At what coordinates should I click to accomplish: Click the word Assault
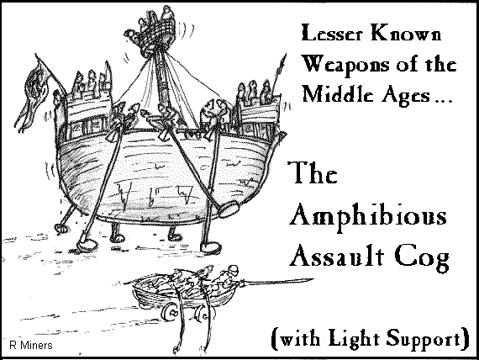[337, 256]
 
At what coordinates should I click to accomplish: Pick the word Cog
[422, 257]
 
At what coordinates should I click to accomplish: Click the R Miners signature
[31, 346]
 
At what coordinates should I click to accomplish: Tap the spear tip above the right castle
[283, 61]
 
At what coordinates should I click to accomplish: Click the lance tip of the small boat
[306, 280]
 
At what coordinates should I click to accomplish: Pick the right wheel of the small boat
[203, 315]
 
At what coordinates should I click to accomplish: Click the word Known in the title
[406, 33]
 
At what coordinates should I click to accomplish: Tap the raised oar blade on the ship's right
[229, 209]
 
